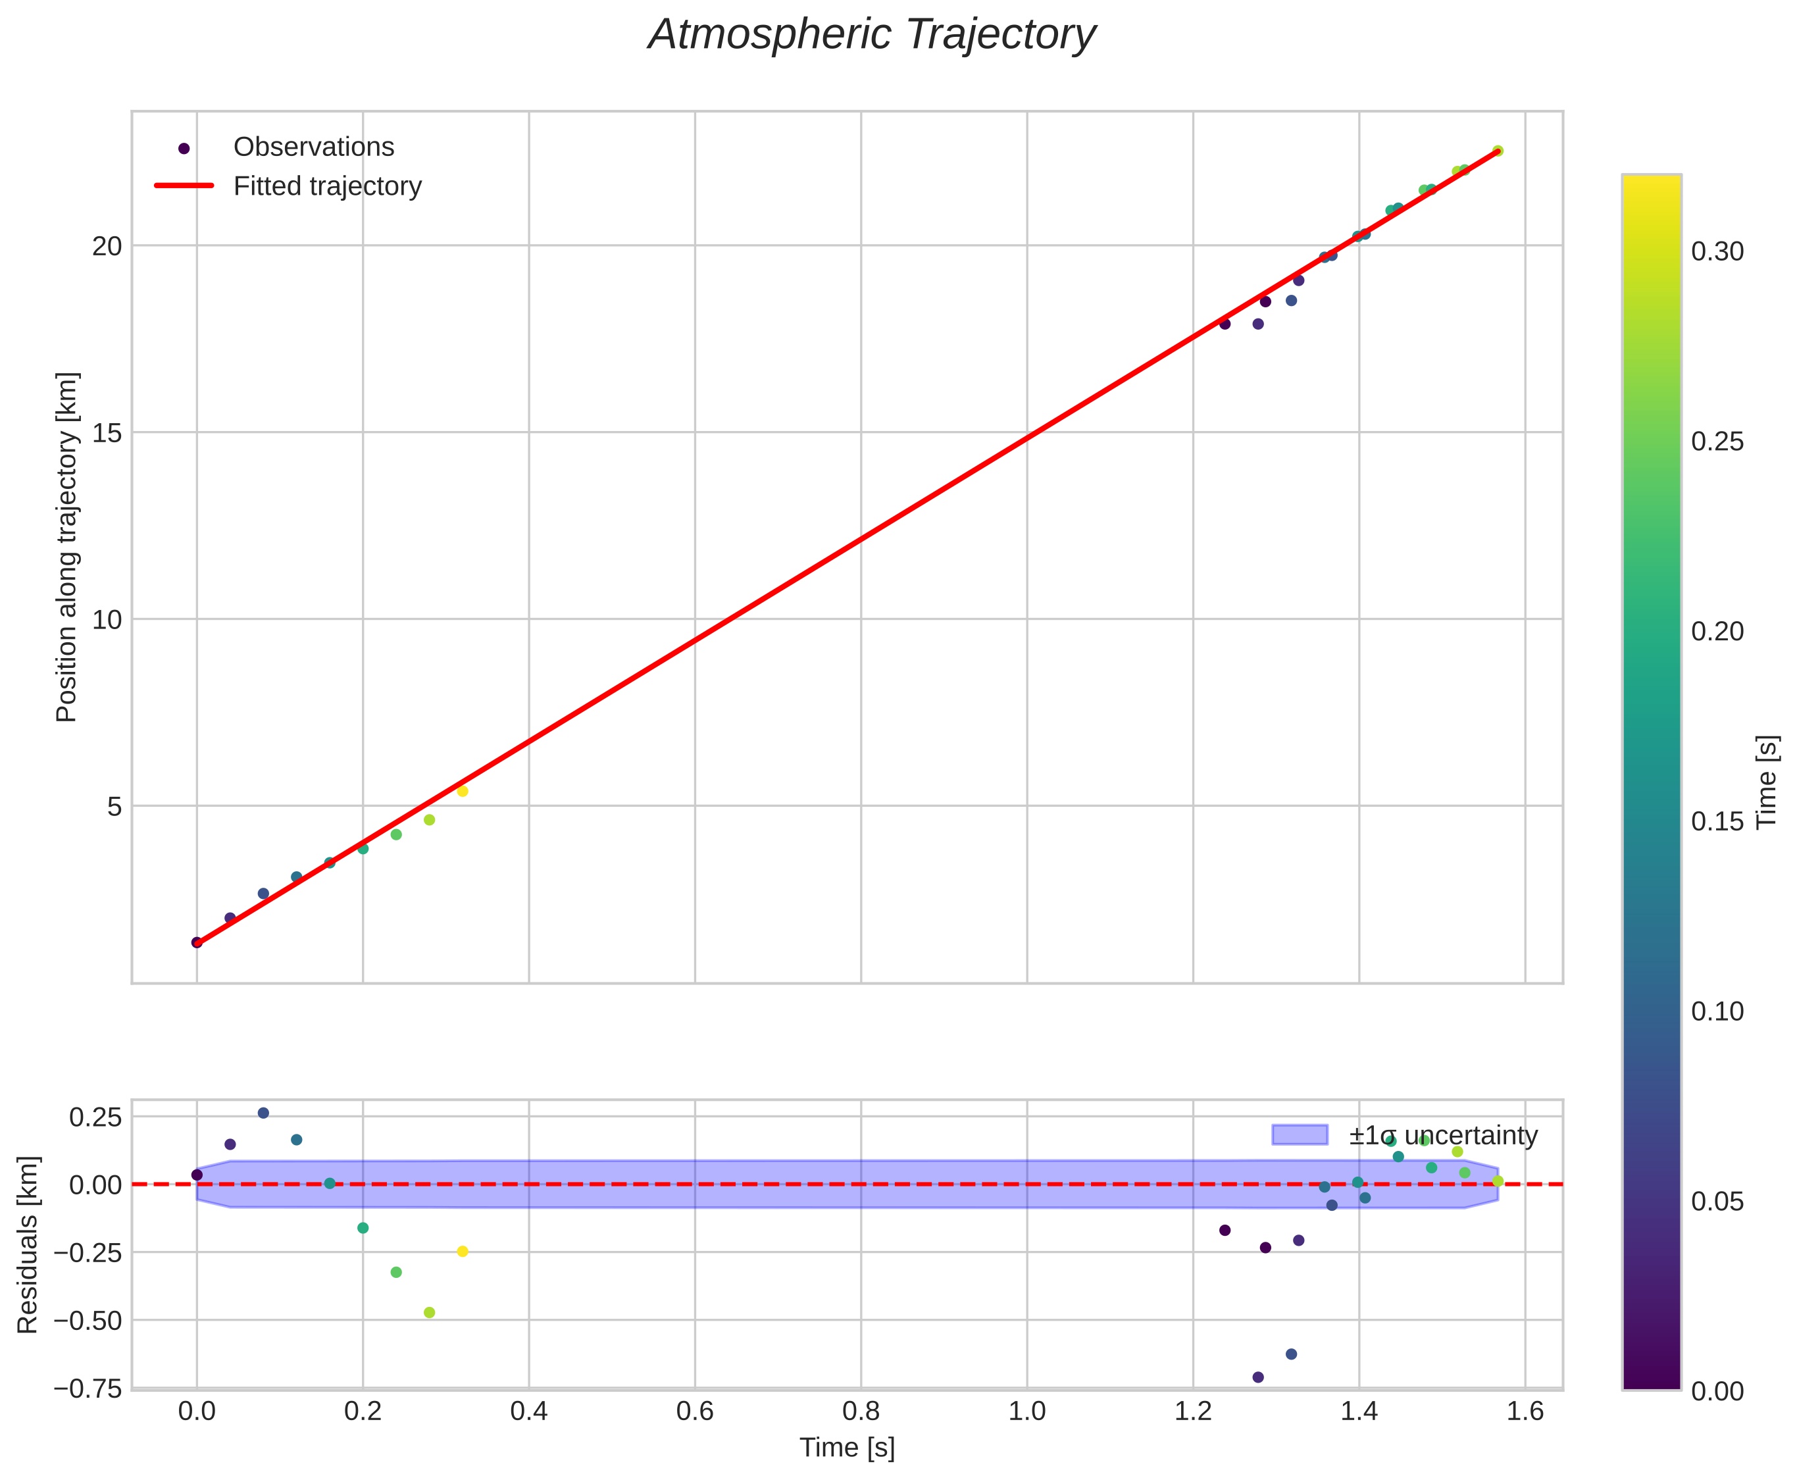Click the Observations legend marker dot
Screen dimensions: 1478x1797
pyautogui.click(x=184, y=148)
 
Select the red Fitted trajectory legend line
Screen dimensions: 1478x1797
pyautogui.click(x=184, y=186)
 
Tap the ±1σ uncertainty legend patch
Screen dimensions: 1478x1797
pyautogui.click(x=1299, y=1135)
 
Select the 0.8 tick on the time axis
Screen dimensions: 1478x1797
pyautogui.click(x=861, y=1412)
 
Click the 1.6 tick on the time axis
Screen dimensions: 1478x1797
pyautogui.click(x=1525, y=1412)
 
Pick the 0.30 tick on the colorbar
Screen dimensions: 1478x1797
pyautogui.click(x=1716, y=251)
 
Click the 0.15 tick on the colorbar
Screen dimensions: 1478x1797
pyautogui.click(x=1716, y=821)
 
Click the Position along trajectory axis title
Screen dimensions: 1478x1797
pyautogui.click(x=67, y=547)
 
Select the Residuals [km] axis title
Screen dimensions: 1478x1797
pyautogui.click(x=28, y=1245)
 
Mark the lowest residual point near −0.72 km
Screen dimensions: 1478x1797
pyautogui.click(x=1258, y=1377)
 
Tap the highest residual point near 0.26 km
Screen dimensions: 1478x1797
pyautogui.click(x=263, y=1113)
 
